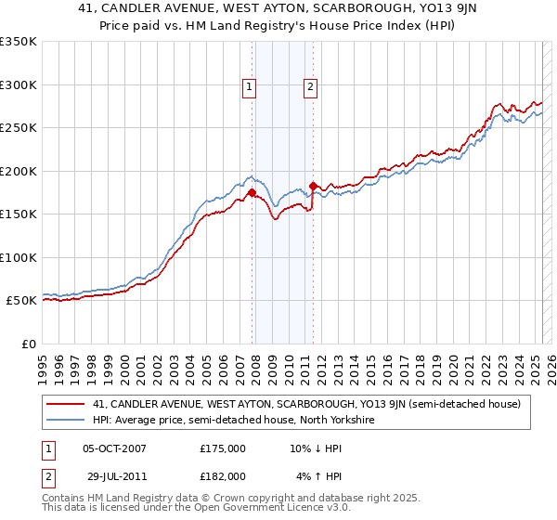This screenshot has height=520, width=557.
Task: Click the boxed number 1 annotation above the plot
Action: click(251, 87)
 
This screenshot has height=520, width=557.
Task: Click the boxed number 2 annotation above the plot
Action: click(310, 87)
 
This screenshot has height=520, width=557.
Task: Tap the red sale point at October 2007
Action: click(252, 192)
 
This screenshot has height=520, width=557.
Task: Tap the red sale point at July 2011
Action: click(314, 186)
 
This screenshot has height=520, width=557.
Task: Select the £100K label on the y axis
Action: click(19, 257)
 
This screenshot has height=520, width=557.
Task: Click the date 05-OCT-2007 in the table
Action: click(114, 448)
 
